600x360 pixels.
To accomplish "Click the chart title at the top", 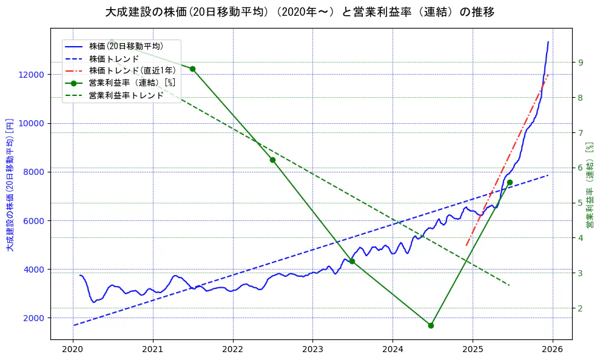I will pos(300,12).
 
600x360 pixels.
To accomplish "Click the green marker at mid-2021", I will pos(192,69).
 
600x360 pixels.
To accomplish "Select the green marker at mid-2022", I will pos(272,160).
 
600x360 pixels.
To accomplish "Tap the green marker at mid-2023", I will pos(352,261).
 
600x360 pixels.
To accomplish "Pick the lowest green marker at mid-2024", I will pos(431,325).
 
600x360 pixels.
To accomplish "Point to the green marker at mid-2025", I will pos(510,182).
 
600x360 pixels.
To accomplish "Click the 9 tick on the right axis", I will pos(581,63).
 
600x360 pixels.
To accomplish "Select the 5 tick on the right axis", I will pos(581,203).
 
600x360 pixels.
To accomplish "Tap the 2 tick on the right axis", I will pos(581,308).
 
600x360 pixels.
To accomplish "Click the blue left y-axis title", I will pos(10,185).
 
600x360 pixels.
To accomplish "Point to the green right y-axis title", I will pos(589,185).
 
